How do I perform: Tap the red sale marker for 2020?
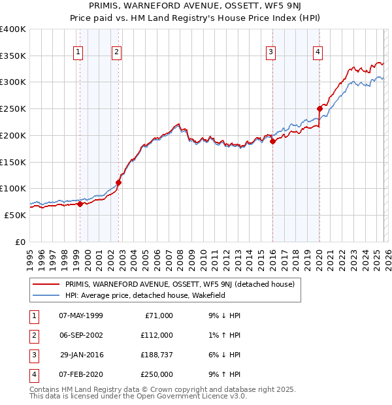click(x=319, y=108)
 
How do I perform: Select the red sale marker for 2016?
click(x=272, y=141)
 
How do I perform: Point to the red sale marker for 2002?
click(x=118, y=182)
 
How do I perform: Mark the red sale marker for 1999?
click(x=80, y=204)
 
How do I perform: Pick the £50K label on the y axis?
click(x=15, y=215)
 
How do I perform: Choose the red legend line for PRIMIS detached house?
click(x=46, y=284)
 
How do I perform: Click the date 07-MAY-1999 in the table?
click(x=80, y=316)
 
